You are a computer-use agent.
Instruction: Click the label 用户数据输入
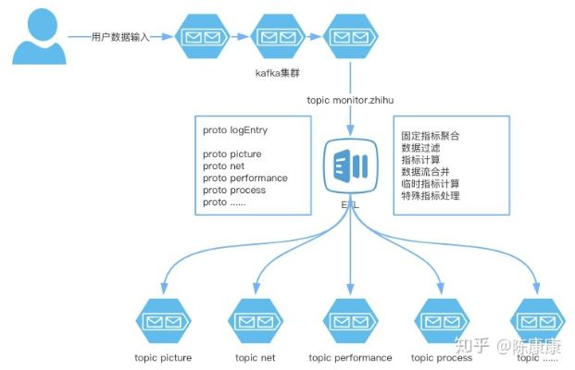120,37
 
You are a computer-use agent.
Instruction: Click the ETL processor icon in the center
350,166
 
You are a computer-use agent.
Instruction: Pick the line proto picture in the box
231,154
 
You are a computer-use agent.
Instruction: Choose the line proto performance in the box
244,178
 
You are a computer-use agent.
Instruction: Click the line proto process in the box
234,190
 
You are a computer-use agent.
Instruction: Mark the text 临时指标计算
430,184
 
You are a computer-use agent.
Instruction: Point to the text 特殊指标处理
430,196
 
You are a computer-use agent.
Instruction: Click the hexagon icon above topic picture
163,321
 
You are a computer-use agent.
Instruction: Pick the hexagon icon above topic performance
350,321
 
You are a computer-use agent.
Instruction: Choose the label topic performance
350,358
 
